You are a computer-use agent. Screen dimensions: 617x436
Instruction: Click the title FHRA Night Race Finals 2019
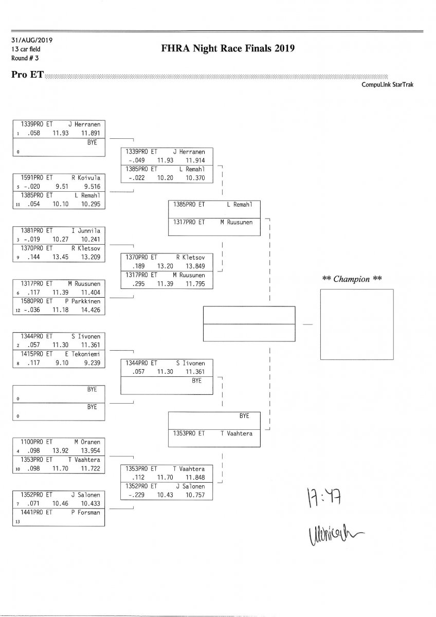point(227,49)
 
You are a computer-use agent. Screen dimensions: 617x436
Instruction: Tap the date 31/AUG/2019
point(32,40)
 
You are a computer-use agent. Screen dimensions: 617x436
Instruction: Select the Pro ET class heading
point(27,75)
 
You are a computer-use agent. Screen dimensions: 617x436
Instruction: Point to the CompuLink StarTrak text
point(388,85)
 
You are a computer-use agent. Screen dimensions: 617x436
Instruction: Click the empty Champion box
point(357,324)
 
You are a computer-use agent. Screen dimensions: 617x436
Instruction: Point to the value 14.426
point(90,310)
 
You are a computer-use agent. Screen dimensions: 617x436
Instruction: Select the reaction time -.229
point(136,495)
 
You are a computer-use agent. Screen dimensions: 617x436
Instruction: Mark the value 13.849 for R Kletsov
point(195,266)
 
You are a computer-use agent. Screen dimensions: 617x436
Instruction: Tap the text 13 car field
point(26,49)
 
